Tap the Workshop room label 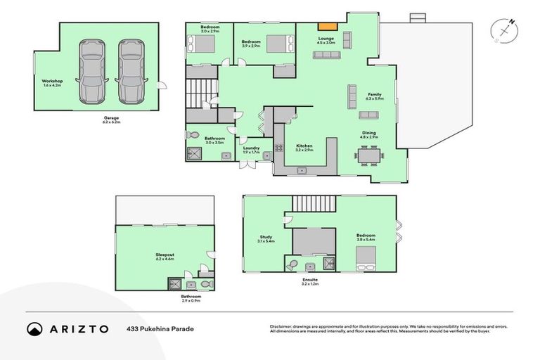pyautogui.click(x=53, y=82)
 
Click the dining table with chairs pyautogui.click(x=368, y=155)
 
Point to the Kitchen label pyautogui.click(x=304, y=146)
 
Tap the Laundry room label pyautogui.click(x=251, y=148)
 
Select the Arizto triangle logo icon pyautogui.click(x=34, y=328)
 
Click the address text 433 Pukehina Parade pyautogui.click(x=160, y=328)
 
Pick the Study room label pyautogui.click(x=266, y=238)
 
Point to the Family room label pyautogui.click(x=374, y=95)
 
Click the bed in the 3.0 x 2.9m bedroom pyautogui.click(x=204, y=44)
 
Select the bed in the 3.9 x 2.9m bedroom pyautogui.click(x=274, y=44)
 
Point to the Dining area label pyautogui.click(x=368, y=133)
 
